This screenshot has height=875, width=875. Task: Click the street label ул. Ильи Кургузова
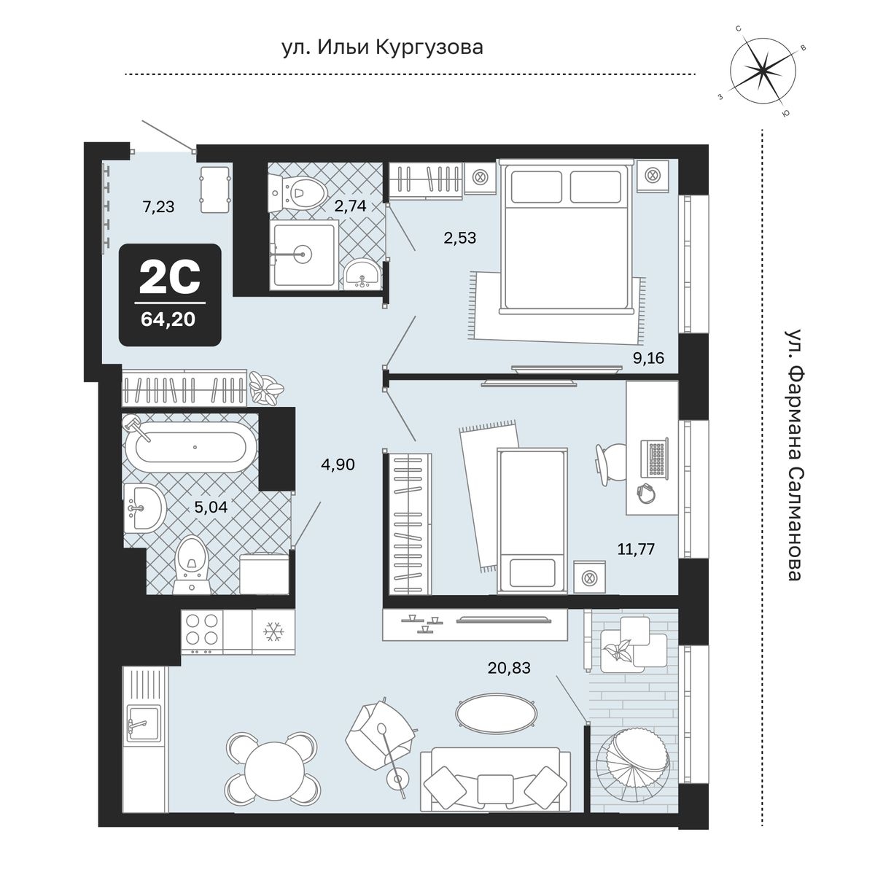pos(382,47)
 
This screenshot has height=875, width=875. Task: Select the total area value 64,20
pos(168,319)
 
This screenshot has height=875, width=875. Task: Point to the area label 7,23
pos(158,207)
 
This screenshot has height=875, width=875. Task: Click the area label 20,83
pos(509,667)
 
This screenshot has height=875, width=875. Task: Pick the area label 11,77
pos(636,550)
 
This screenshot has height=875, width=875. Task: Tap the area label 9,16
pos(648,358)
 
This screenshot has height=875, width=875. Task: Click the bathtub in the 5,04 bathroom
pos(191,447)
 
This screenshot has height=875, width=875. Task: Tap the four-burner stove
pos(202,629)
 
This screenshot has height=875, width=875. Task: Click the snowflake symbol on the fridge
pos(274,632)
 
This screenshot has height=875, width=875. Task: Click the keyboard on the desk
pos(654,458)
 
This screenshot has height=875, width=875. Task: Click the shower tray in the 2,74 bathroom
pos(304,254)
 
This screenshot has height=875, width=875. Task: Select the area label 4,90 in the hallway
pos(338,464)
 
